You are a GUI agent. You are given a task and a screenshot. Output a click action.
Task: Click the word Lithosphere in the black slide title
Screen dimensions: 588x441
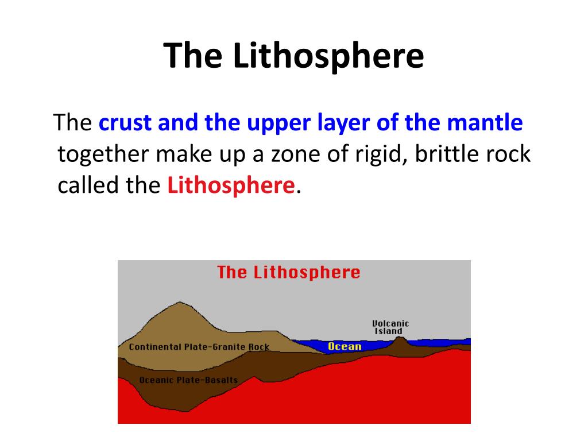(x=328, y=56)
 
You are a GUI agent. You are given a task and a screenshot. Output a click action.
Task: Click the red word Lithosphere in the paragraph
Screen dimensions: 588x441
(x=231, y=185)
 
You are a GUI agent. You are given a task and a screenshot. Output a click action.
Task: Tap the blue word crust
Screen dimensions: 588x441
(x=125, y=123)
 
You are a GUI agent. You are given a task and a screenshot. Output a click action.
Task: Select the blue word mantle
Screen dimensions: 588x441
(x=485, y=123)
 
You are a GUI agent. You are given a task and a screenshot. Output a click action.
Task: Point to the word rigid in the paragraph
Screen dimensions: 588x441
(x=381, y=154)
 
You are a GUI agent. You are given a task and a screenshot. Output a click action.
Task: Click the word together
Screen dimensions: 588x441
(x=103, y=154)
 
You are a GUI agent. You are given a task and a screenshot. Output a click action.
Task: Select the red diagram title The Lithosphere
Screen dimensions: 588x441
(x=288, y=272)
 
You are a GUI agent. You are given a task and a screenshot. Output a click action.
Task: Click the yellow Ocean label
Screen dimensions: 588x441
(x=345, y=346)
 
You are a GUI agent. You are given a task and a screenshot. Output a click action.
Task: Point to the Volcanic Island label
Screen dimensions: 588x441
(x=390, y=327)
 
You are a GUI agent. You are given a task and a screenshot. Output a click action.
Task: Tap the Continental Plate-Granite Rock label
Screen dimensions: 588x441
(x=199, y=347)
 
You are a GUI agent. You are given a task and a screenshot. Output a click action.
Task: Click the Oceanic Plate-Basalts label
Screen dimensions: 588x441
(x=188, y=380)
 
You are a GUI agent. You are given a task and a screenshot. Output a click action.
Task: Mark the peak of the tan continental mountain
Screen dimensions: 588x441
(x=180, y=302)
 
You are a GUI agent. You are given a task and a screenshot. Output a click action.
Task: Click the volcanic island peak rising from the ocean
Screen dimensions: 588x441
(x=400, y=337)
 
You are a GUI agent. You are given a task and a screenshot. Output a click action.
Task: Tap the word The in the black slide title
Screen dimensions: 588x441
(x=193, y=56)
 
